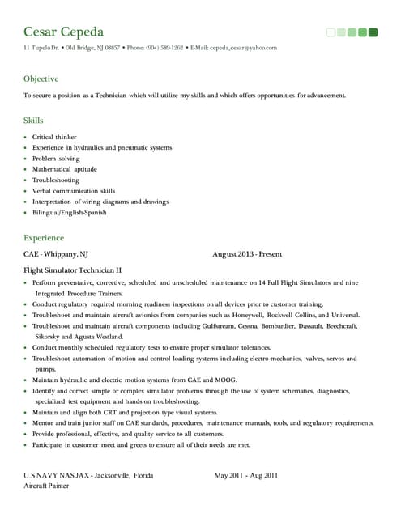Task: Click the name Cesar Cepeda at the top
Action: [64, 32]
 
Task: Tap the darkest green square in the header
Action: [373, 32]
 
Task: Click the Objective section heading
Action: [41, 79]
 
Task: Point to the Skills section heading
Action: [33, 120]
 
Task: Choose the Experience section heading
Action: [44, 238]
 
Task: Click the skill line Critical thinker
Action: [54, 138]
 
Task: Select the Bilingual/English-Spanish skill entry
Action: [69, 213]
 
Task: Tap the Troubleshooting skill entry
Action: [56, 180]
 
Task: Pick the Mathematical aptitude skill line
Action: [65, 169]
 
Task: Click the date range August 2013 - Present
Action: [247, 254]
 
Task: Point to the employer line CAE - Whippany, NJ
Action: [56, 254]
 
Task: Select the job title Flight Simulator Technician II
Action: [72, 270]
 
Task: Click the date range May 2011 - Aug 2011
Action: [245, 475]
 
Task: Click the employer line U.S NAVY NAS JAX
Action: [88, 475]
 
